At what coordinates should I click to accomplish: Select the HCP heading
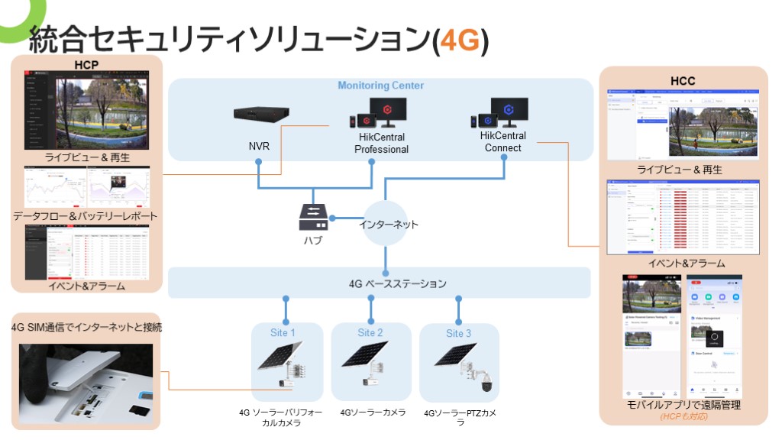[x=86, y=64]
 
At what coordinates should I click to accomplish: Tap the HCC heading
[x=682, y=81]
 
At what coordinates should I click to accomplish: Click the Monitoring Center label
[x=380, y=86]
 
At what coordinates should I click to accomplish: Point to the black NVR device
[x=262, y=115]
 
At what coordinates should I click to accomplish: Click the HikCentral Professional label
[x=381, y=143]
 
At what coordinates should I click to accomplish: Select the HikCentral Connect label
[x=503, y=141]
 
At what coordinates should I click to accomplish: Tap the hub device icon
[x=313, y=216]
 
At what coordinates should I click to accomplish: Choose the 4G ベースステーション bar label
[x=397, y=284]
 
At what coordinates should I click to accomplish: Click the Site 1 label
[x=283, y=333]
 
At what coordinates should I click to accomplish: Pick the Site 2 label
[x=370, y=333]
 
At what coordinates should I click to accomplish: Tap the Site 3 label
[x=458, y=333]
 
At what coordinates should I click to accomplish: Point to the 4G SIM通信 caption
[x=86, y=328]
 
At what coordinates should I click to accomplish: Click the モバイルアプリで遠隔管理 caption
[x=682, y=405]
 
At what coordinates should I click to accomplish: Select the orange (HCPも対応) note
[x=683, y=416]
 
